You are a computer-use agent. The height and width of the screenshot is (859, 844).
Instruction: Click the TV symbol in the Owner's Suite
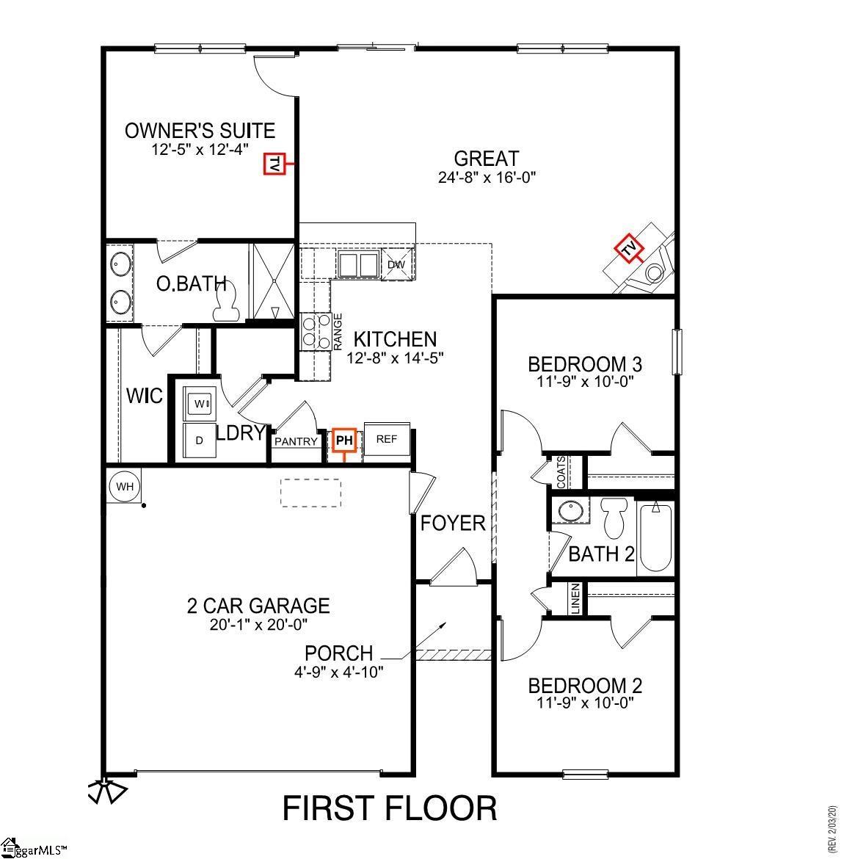(x=274, y=165)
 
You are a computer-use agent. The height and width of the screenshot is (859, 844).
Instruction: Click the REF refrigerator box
(x=386, y=440)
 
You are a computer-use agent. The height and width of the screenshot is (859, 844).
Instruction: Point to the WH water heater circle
(x=125, y=486)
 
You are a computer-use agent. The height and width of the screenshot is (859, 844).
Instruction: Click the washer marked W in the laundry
(x=199, y=404)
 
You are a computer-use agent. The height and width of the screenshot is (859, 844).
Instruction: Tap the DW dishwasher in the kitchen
(x=396, y=264)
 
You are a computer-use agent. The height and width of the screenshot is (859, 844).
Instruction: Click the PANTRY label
(x=296, y=442)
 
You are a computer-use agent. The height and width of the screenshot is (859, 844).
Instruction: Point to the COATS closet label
(x=561, y=473)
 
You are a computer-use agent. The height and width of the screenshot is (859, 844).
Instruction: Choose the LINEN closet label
(x=576, y=599)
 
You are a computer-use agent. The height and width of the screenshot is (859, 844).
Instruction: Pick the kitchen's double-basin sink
(x=357, y=264)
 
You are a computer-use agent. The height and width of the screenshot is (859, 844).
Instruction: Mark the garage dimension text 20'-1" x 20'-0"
(x=258, y=625)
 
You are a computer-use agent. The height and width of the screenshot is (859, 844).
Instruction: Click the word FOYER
(x=453, y=523)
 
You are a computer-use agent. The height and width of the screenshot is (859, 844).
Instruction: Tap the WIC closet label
(x=145, y=396)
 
